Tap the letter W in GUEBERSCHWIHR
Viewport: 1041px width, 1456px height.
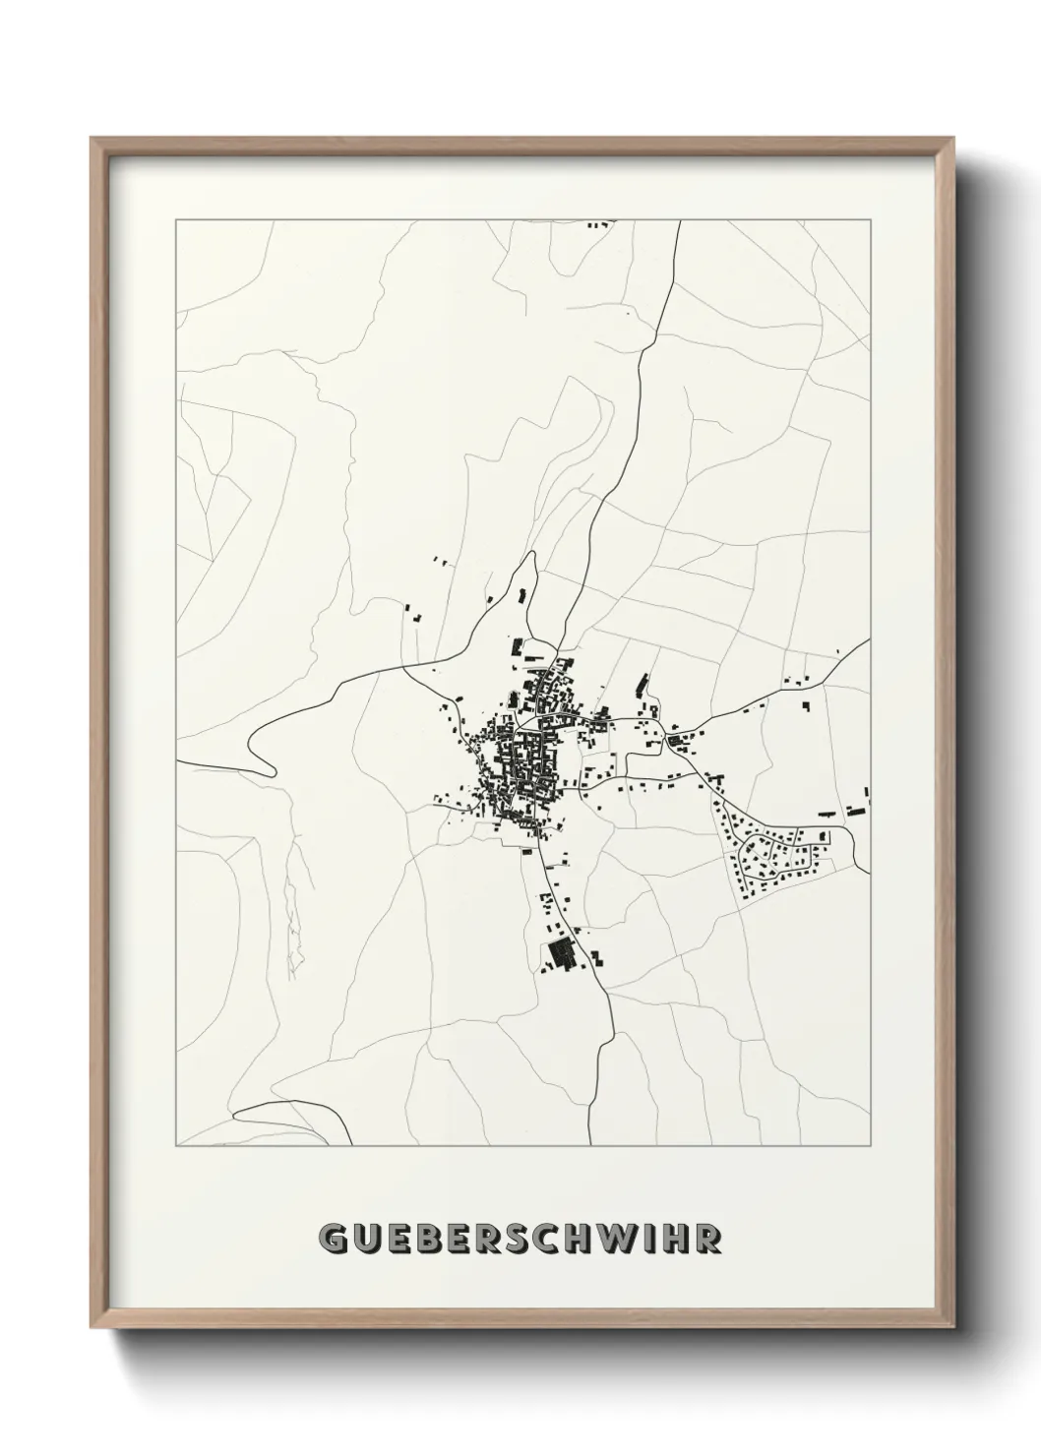[x=621, y=1239]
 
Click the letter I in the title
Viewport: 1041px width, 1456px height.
[x=648, y=1239]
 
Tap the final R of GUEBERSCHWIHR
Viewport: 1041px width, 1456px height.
[x=705, y=1239]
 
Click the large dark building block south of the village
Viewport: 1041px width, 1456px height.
[x=561, y=953]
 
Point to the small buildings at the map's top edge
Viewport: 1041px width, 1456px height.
[x=597, y=225]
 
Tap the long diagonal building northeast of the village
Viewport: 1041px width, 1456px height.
[x=643, y=681]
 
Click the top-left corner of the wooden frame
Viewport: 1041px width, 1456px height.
[x=92, y=139]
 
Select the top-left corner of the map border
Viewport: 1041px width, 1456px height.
[x=176, y=221]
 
